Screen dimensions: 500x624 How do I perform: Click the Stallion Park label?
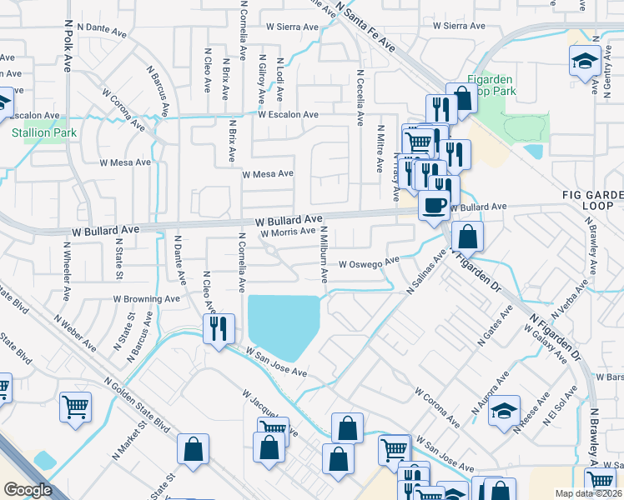37,132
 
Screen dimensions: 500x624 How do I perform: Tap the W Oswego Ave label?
369,263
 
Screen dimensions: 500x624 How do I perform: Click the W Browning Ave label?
147,298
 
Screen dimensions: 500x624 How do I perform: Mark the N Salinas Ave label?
423,273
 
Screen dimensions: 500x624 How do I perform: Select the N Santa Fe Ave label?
368,27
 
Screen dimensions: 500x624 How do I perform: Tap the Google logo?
27,490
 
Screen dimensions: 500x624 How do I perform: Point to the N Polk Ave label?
68,47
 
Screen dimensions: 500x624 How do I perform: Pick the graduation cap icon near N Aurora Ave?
504,412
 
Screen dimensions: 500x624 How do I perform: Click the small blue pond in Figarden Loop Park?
533,152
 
